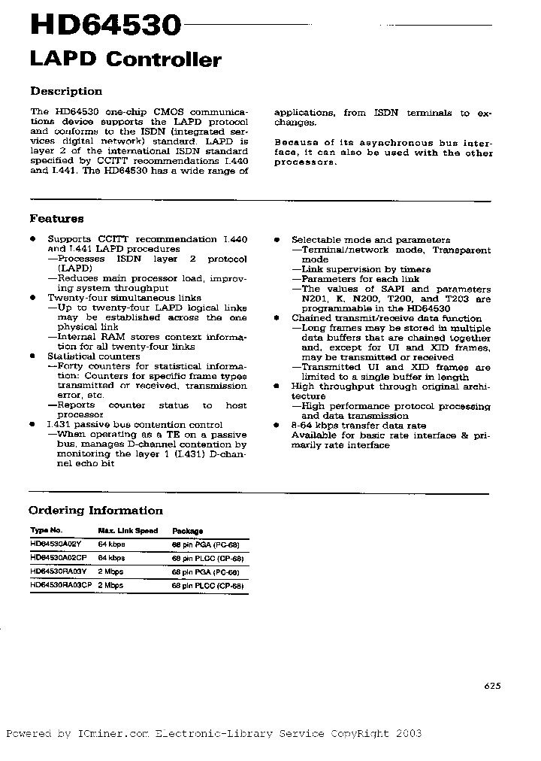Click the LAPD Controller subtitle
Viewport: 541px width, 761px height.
point(125,60)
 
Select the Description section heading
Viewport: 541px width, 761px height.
point(66,91)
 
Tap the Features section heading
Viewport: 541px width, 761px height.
point(56,219)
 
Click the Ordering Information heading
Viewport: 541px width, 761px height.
point(96,511)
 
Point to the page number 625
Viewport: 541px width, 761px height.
point(492,685)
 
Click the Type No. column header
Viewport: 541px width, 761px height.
point(46,531)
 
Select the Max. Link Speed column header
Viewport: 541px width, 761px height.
point(128,531)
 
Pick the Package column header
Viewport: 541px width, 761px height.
point(187,531)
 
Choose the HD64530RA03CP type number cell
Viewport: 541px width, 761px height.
point(61,585)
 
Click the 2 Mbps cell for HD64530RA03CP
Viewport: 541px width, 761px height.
point(111,585)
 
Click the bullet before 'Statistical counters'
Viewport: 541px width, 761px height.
point(33,356)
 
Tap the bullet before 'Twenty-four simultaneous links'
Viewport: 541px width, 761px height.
point(33,298)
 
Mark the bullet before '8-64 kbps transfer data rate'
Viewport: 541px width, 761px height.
point(277,426)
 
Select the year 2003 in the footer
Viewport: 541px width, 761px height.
point(407,733)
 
